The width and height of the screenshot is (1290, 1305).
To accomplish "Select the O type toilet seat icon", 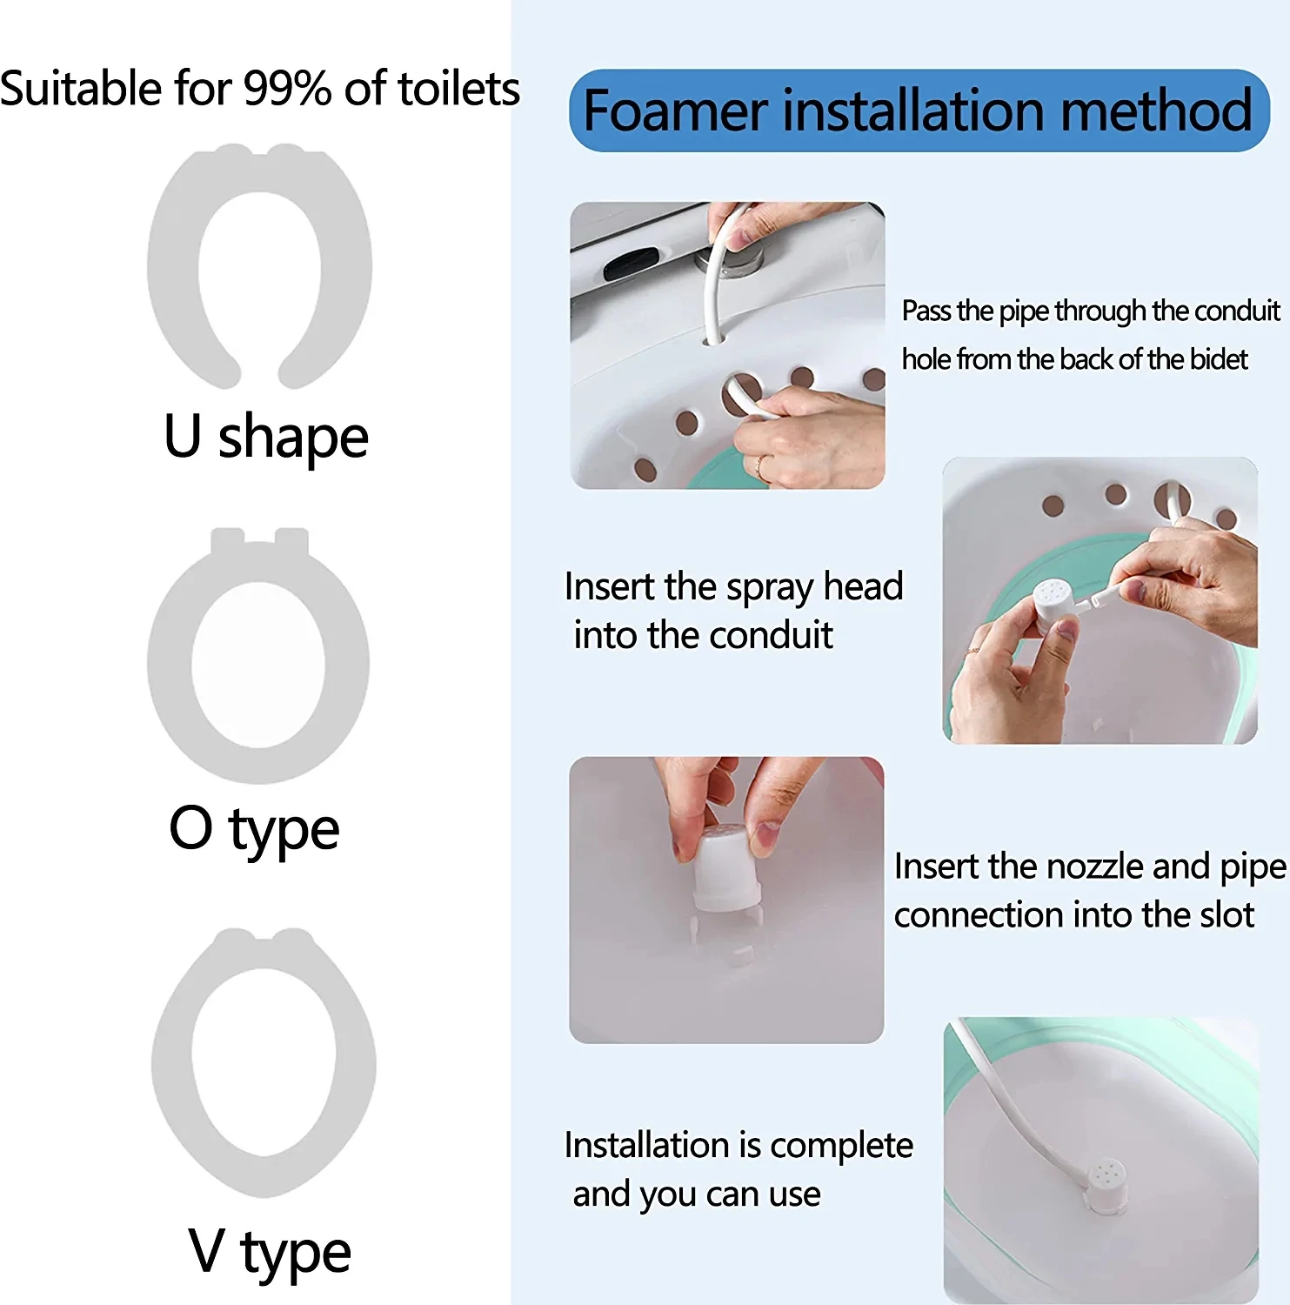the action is [170, 661].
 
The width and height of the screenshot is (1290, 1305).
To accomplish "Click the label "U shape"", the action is [266, 437].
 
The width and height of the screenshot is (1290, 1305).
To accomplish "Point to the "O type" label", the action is [254, 829].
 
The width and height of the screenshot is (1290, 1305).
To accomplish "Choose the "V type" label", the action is [270, 1253].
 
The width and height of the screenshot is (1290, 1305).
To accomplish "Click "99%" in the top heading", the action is [287, 89].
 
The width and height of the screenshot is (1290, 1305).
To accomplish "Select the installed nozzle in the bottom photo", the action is [1106, 1184].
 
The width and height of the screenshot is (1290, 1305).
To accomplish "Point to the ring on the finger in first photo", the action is [761, 466].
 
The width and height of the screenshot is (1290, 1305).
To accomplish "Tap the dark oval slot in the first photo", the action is [632, 263].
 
